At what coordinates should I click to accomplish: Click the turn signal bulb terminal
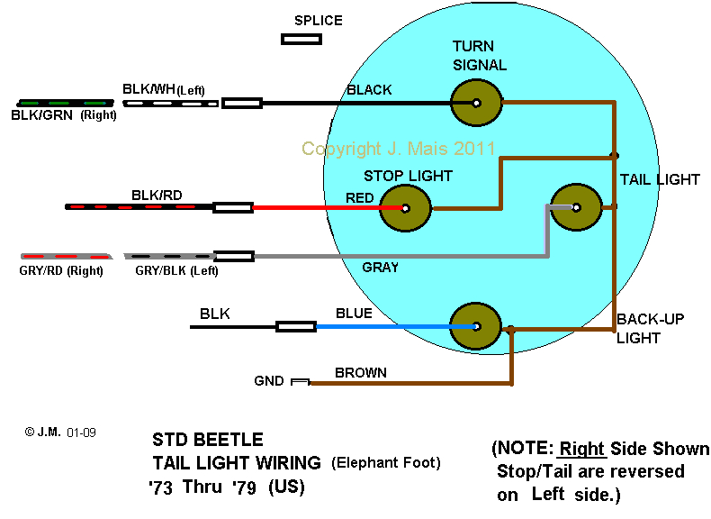point(475,104)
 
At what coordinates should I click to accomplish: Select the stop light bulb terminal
point(406,208)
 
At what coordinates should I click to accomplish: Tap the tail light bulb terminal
point(575,207)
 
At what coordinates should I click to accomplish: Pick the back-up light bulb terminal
point(475,326)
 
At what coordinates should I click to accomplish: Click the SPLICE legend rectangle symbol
point(301,39)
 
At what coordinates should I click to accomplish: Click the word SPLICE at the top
point(319,20)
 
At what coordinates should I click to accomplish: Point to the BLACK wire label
point(369,90)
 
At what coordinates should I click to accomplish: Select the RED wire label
point(360,197)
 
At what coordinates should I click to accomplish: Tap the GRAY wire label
point(381,268)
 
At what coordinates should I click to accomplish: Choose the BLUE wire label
point(354,313)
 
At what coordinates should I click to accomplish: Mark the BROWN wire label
point(360,372)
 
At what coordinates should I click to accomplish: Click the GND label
point(269,382)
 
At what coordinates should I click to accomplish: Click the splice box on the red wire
point(233,208)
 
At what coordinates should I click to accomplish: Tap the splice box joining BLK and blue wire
point(294,326)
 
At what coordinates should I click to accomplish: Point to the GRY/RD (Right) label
point(61,269)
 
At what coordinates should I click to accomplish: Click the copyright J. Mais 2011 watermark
point(399,149)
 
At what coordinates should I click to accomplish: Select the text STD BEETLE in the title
point(208,440)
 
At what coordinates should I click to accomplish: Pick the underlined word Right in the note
point(582,449)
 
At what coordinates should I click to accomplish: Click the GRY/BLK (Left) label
point(176,269)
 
